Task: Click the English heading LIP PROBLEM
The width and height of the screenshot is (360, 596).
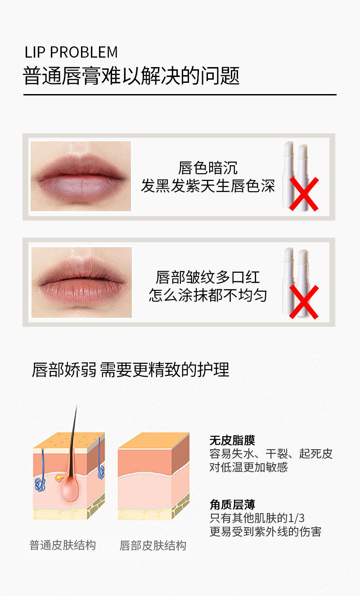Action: pos(71,52)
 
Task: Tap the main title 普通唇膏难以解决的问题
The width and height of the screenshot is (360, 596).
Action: pos(131,76)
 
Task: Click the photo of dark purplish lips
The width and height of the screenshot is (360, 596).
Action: pos(81,176)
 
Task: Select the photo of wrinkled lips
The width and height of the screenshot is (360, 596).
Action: pos(81,282)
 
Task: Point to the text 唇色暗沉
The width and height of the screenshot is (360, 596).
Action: pos(207,168)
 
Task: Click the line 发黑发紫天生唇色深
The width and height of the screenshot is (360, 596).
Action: pos(207,186)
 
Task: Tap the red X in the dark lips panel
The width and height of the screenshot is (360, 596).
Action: pos(304,194)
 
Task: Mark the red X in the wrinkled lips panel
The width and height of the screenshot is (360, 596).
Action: pos(304,302)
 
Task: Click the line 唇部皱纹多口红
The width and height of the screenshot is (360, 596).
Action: pos(207,277)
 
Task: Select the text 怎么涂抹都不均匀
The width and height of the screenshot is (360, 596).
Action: pos(207,295)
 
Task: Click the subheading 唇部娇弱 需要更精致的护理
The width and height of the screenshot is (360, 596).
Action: pos(130,370)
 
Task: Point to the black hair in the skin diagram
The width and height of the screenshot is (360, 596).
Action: pos(73,442)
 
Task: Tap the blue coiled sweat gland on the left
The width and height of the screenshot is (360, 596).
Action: pos(40,485)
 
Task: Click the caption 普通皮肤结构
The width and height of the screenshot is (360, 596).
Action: pos(63,545)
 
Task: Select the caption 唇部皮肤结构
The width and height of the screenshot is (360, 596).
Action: pos(153,546)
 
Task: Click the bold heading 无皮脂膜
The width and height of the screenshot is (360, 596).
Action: pos(232,441)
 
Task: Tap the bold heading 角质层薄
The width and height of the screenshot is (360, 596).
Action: pos(232,505)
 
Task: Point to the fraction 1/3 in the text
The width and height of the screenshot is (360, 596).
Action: pos(296,518)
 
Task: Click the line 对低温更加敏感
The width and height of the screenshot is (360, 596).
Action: pos(248,467)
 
